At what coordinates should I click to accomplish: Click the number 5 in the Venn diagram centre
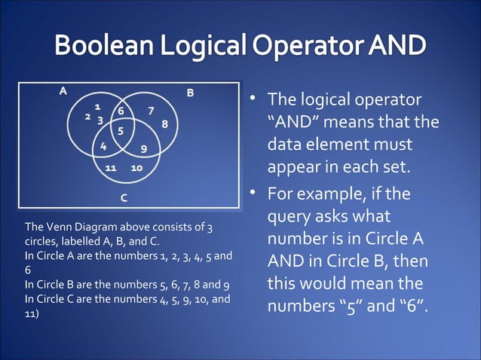click(121, 131)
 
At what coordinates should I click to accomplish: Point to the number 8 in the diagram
click(164, 124)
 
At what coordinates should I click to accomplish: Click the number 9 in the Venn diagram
click(143, 147)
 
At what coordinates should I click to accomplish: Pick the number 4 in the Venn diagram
click(103, 145)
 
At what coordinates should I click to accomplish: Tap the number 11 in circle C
click(110, 167)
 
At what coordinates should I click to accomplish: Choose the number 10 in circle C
click(136, 167)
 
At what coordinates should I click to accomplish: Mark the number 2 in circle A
click(87, 117)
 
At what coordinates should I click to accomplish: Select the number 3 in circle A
click(100, 120)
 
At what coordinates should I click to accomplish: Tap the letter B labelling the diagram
click(191, 93)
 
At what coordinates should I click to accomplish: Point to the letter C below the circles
click(124, 197)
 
